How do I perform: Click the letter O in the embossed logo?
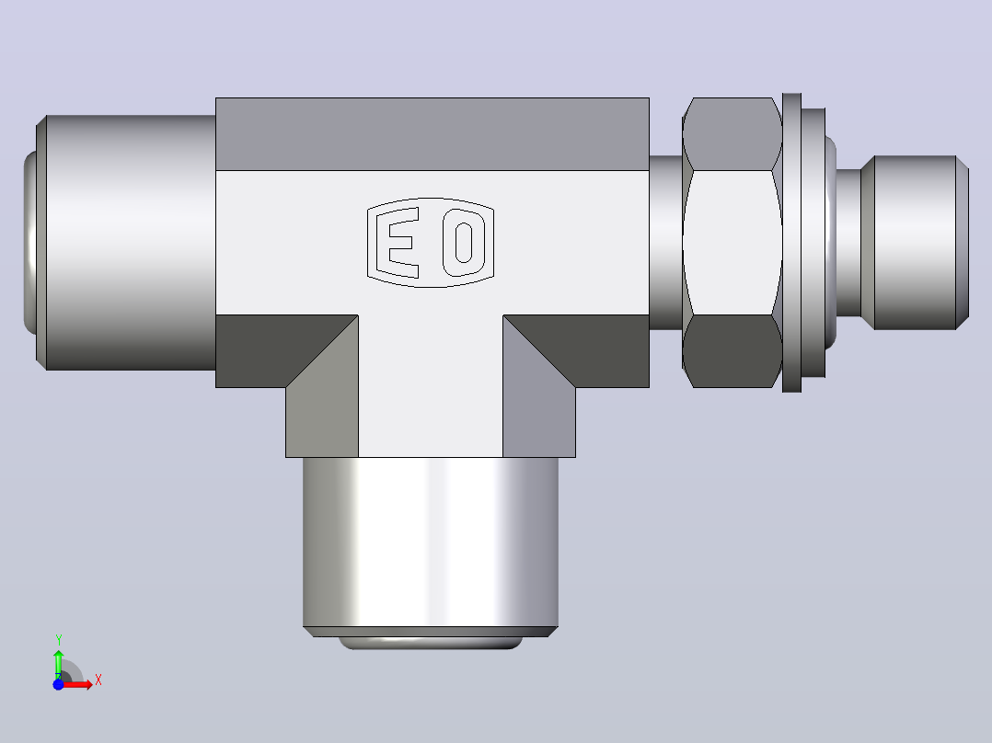tap(464, 243)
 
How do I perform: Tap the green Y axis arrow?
tap(58, 663)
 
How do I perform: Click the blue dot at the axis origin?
tap(58, 684)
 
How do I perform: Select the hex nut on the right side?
tap(732, 242)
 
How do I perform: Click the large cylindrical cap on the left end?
tap(126, 242)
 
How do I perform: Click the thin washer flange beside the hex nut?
tap(791, 242)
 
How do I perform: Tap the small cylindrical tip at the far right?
tap(915, 242)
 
